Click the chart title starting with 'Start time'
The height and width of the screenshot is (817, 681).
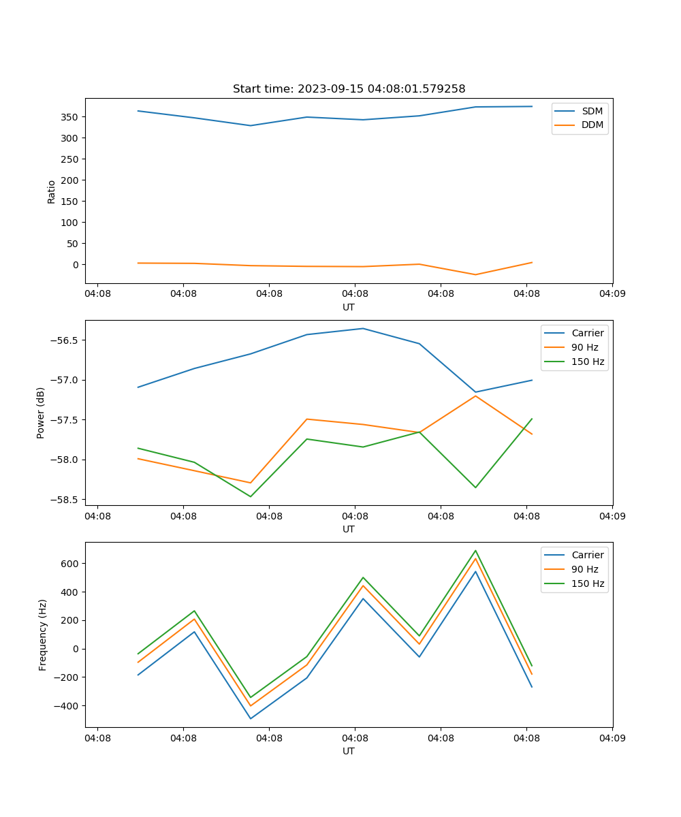349,89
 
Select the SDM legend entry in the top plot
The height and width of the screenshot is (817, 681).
592,111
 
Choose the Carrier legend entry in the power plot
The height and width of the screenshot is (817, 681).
587,333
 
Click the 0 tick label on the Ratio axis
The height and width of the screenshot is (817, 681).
76,265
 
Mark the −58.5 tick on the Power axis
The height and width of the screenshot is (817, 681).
63,500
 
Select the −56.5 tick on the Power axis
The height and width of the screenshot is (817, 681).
63,340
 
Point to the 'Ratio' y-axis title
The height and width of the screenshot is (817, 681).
52,191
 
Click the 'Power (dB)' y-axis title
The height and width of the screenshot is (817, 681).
41,413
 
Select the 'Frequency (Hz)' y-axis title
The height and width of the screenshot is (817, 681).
43,635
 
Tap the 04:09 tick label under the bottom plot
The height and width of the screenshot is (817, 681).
612,737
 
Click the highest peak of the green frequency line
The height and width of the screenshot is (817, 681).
475,551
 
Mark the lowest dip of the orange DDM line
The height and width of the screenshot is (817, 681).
475,274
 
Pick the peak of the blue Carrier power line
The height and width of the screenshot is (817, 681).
363,329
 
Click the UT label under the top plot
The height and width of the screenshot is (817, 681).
349,307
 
